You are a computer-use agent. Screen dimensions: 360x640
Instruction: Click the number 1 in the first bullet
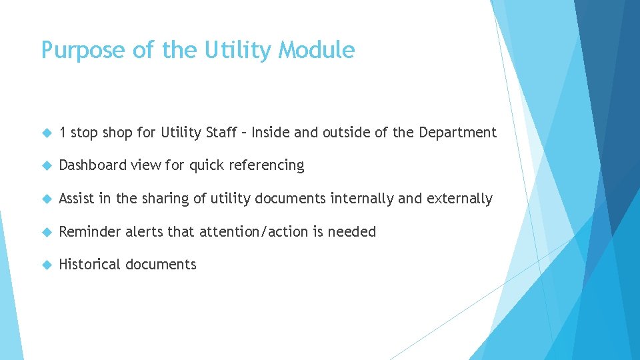62,133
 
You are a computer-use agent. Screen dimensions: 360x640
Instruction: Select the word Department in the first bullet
457,133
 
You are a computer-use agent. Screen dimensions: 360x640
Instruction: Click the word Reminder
89,232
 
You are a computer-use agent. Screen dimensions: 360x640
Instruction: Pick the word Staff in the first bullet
223,133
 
